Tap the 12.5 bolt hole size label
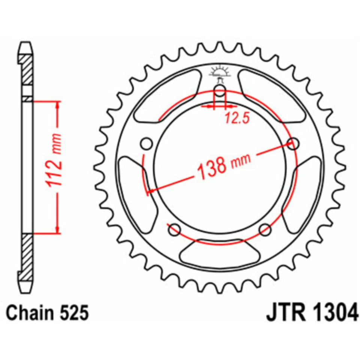237,119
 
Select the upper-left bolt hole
147,144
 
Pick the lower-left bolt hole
174,229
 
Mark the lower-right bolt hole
265,229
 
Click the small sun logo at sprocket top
220,71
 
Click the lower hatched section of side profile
27,257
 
